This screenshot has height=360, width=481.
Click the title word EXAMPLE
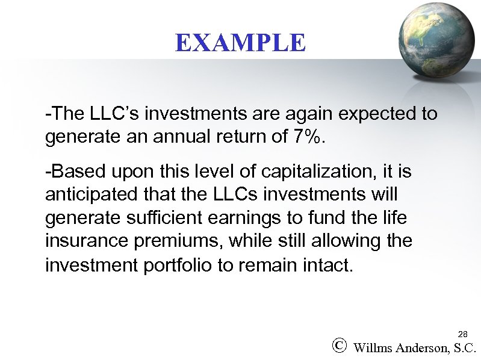pyautogui.click(x=240, y=43)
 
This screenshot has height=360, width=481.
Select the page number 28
pyautogui.click(x=463, y=334)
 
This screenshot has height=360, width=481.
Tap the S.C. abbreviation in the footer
pyautogui.click(x=465, y=347)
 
